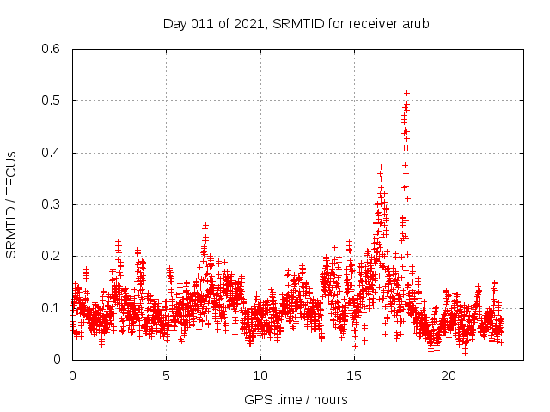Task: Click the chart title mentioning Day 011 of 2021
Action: click(x=296, y=24)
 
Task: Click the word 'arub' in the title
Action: click(x=415, y=24)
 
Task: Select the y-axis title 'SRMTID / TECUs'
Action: click(x=11, y=204)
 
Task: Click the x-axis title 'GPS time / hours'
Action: click(x=296, y=399)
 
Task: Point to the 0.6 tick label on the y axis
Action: click(x=53, y=49)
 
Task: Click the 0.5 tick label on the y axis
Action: click(x=53, y=100)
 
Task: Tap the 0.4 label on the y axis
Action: click(x=53, y=153)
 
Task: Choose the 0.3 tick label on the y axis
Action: click(x=53, y=204)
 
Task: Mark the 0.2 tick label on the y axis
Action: click(x=53, y=256)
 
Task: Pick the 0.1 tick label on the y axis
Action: click(x=53, y=308)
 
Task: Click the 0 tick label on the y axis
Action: click(x=60, y=360)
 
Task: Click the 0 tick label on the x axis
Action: click(x=72, y=376)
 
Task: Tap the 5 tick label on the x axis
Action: click(x=167, y=376)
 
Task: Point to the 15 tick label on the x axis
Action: click(x=355, y=376)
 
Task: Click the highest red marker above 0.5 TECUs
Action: click(x=407, y=93)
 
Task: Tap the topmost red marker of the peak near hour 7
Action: click(x=205, y=226)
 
